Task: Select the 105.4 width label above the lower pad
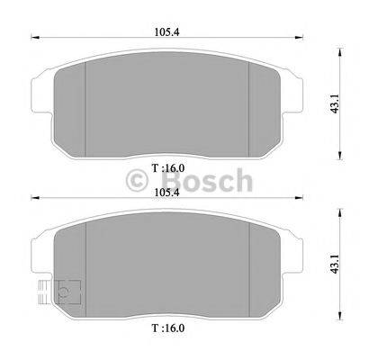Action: [164, 191]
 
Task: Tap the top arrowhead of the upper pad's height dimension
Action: [340, 47]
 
